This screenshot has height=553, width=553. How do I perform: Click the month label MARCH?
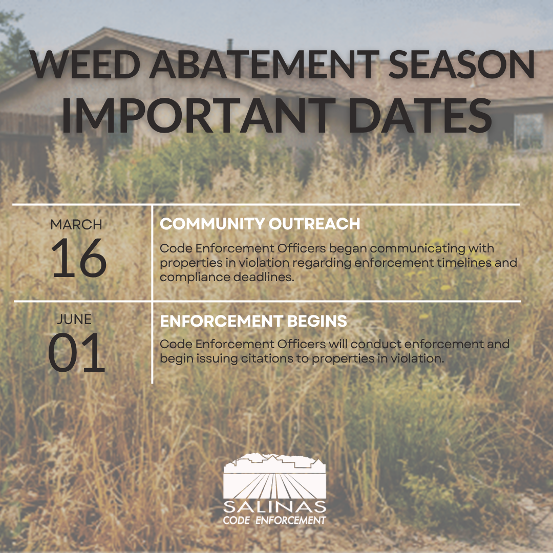pyautogui.click(x=76, y=224)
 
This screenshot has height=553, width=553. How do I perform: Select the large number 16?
pyautogui.click(x=79, y=259)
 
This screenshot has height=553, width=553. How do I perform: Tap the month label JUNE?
pyautogui.click(x=74, y=320)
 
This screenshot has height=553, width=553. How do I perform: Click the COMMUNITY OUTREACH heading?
pyautogui.click(x=260, y=224)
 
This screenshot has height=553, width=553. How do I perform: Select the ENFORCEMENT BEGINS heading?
pyautogui.click(x=253, y=322)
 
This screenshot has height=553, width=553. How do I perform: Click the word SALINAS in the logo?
pyautogui.click(x=274, y=507)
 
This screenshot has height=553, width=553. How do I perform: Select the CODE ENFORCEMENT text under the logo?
pyautogui.click(x=274, y=521)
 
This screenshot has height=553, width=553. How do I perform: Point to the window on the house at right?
pyautogui.click(x=528, y=131)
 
